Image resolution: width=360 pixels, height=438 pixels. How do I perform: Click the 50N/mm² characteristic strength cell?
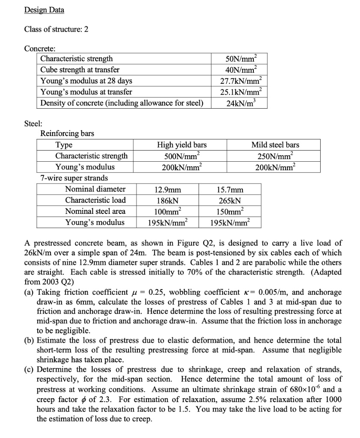tap(240, 59)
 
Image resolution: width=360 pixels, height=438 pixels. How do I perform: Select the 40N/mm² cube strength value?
tap(240, 70)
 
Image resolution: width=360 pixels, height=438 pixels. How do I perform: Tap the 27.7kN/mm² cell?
tap(240, 81)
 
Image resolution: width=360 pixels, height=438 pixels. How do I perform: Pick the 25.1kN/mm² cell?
tap(240, 92)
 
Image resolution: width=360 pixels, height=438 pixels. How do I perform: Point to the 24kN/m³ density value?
tap(240, 103)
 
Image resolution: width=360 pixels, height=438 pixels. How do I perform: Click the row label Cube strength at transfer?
tap(80, 70)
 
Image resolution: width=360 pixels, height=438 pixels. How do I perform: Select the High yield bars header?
tap(182, 145)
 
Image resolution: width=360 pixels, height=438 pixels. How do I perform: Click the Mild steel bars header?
tap(275, 145)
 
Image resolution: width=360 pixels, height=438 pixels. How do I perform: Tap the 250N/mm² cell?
tap(275, 156)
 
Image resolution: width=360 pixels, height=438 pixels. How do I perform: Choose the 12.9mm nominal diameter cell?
tap(167, 189)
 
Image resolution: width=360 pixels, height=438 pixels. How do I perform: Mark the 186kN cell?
tap(167, 200)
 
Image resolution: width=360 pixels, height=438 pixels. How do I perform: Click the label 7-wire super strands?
tap(74, 178)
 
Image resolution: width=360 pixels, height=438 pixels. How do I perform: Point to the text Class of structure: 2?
tap(56, 30)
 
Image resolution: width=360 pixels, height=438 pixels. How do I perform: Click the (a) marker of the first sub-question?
tap(30, 292)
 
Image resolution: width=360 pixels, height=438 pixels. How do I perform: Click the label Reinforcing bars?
tap(67, 133)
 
